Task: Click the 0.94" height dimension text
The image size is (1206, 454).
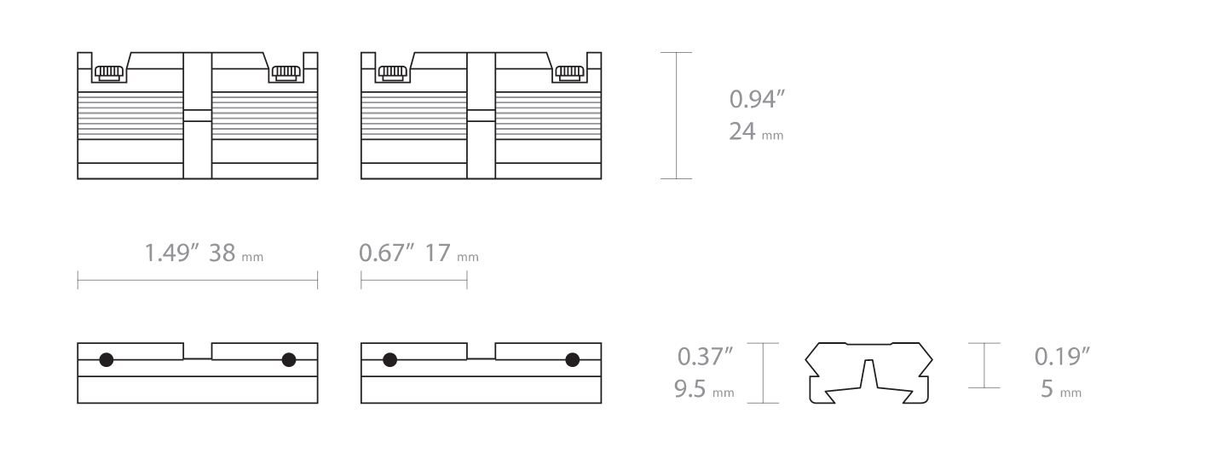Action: click(x=757, y=100)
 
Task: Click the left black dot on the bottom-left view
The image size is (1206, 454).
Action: click(x=107, y=359)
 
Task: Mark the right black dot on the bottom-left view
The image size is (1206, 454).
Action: click(x=289, y=359)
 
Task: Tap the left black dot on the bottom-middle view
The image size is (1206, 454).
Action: click(x=390, y=359)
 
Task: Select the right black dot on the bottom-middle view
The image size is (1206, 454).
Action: click(x=573, y=359)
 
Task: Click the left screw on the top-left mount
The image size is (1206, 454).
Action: click(x=107, y=73)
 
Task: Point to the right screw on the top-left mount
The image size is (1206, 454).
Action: click(x=286, y=73)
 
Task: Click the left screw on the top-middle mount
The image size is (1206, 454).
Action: click(x=391, y=73)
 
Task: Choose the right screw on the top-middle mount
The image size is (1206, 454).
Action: click(x=569, y=73)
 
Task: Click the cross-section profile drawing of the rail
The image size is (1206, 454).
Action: click(x=868, y=373)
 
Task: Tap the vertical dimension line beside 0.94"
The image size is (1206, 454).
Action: click(x=677, y=115)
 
